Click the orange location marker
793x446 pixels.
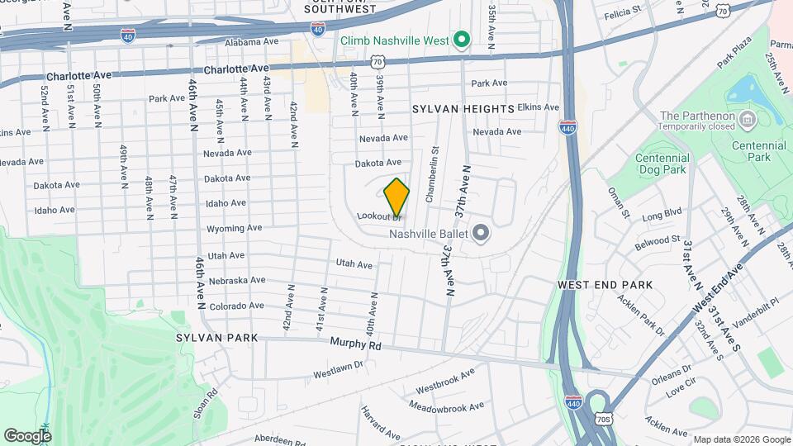pos(397,197)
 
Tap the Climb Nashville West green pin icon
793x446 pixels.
pos(463,40)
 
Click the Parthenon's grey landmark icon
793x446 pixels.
pos(748,121)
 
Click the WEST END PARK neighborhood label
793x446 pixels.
pos(605,285)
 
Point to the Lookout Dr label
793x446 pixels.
pos(378,216)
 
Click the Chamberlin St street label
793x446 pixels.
pos(430,174)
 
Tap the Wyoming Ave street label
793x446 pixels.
pos(235,228)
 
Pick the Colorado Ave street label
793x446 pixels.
pos(236,306)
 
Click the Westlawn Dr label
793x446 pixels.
pos(339,373)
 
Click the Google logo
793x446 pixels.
pos(27,435)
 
